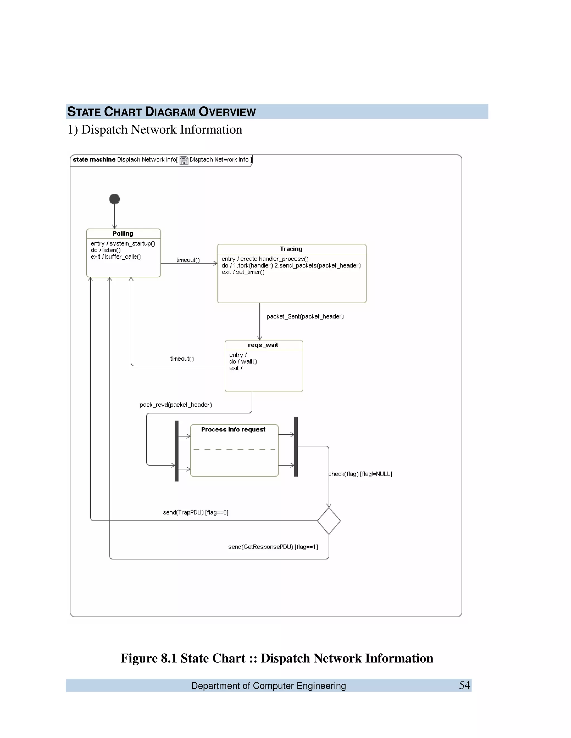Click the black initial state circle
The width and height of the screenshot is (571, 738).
click(114, 199)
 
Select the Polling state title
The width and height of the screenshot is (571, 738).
click(123, 233)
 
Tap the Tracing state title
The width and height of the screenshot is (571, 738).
click(291, 249)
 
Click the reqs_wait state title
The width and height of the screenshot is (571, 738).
click(263, 345)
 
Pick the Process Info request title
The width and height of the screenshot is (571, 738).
click(233, 429)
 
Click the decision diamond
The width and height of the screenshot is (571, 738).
click(329, 521)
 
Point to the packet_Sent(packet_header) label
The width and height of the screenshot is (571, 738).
click(305, 317)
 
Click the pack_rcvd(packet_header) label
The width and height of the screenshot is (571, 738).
click(176, 405)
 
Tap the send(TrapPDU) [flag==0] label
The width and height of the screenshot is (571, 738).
click(195, 512)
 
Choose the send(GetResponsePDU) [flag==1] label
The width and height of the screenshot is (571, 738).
click(273, 547)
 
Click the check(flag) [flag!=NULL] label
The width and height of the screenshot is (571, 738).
click(360, 474)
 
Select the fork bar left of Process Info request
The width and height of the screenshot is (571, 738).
click(176, 451)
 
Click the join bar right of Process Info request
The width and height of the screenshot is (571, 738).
click(296, 447)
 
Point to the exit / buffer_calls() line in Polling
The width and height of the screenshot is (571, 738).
click(116, 257)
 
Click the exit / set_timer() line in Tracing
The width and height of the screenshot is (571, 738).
click(243, 272)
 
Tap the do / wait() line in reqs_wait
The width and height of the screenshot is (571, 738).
click(243, 361)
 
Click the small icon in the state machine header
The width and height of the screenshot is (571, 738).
click(184, 160)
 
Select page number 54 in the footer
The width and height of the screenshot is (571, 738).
click(464, 685)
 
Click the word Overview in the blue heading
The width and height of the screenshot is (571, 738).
click(227, 112)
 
